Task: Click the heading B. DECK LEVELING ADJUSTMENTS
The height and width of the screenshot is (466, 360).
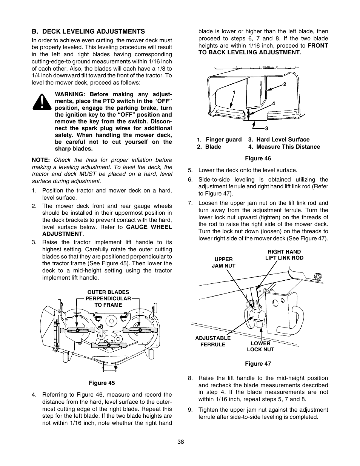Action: pos(88,31)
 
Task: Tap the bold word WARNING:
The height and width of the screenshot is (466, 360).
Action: pos(72,94)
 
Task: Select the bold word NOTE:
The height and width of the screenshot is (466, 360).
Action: pos(41,160)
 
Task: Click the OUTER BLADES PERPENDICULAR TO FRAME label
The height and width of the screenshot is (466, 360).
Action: pos(108,298)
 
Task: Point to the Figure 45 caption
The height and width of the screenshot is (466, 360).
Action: pos(102,383)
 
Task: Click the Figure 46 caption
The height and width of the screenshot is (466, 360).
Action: pos(258,158)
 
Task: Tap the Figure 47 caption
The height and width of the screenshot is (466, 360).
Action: pos(258,364)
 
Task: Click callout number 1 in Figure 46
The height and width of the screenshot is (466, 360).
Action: pos(234,92)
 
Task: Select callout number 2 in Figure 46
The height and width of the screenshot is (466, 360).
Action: pos(285,84)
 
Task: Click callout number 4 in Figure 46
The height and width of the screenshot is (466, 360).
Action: pos(274,103)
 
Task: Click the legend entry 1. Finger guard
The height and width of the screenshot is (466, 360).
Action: pos(220,140)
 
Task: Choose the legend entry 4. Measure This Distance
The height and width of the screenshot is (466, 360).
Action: pos(284,147)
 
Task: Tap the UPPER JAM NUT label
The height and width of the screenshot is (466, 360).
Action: pos(223,262)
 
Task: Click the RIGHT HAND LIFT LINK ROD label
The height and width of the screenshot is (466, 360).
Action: pos(284,255)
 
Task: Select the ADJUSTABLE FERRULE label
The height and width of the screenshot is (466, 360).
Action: pos(212,341)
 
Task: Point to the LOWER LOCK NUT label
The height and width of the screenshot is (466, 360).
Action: pos(260,346)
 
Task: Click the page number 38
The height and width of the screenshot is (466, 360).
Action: pos(180,442)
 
